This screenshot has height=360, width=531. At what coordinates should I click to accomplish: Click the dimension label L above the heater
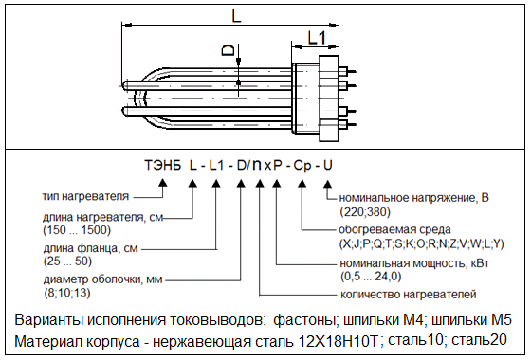[236, 15]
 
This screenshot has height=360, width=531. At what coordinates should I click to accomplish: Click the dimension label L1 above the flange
[317, 38]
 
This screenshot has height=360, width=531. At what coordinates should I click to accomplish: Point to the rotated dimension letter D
[228, 50]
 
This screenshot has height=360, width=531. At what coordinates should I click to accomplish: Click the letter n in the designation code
[257, 165]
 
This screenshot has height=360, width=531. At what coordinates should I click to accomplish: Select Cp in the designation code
[302, 166]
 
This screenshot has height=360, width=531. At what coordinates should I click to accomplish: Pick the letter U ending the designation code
[327, 165]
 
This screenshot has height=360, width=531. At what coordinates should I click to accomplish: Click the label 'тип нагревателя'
[85, 196]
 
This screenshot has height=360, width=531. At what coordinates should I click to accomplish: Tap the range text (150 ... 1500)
[77, 230]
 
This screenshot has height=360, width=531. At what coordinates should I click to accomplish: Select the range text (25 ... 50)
[67, 261]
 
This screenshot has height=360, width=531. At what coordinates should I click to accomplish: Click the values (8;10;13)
[67, 293]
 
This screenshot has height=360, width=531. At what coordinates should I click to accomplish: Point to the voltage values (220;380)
[365, 212]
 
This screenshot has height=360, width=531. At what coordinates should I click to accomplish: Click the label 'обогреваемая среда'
[394, 229]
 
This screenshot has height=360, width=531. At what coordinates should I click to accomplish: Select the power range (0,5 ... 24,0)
[371, 277]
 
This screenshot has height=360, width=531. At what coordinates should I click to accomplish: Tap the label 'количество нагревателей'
[409, 294]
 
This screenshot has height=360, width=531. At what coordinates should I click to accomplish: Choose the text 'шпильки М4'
[383, 320]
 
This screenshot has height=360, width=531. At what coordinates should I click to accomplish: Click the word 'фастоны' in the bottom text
[305, 320]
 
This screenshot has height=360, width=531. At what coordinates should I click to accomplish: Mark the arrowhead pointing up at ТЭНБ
[163, 183]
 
